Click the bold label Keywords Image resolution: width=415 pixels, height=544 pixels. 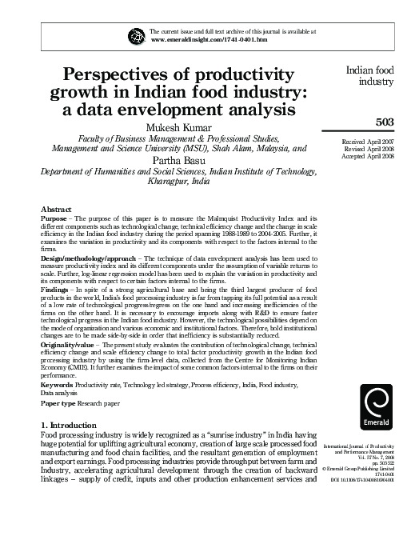59,386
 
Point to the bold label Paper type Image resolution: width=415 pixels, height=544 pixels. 59,403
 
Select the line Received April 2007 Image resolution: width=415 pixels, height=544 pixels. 369,141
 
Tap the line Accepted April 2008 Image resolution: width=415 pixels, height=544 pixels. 369,156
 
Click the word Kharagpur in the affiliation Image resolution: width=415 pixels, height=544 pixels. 170,182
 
